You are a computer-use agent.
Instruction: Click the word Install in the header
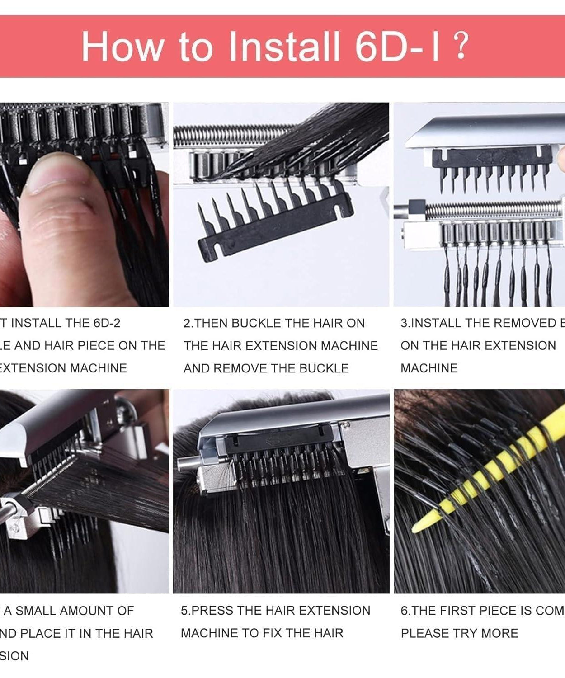283,47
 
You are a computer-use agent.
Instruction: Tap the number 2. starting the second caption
188,323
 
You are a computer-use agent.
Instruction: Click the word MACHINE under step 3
429,368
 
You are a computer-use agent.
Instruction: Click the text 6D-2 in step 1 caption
107,323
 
